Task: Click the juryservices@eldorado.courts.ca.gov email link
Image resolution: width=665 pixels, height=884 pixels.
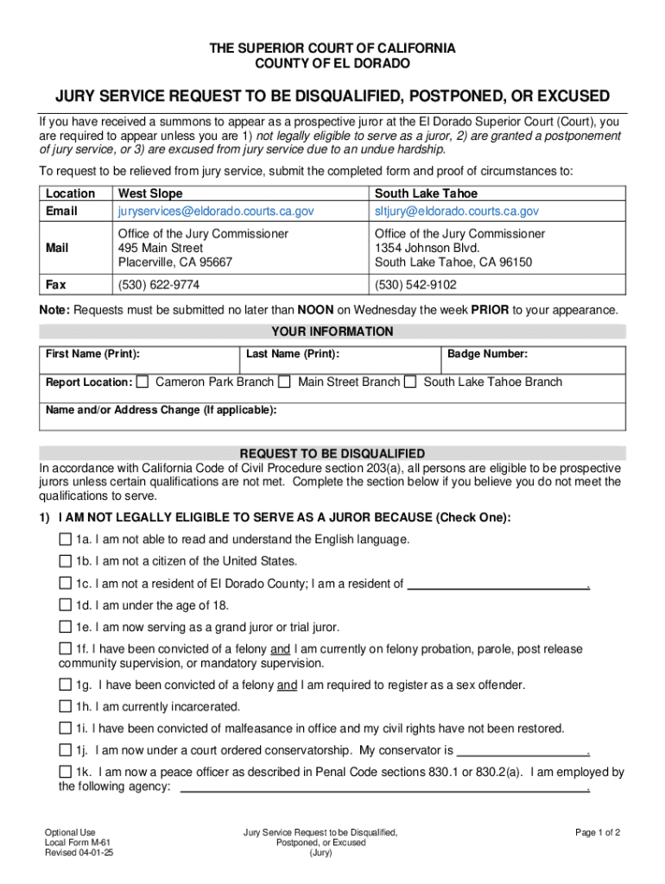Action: (x=216, y=211)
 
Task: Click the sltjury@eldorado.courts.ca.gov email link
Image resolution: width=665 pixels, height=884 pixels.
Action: (x=456, y=211)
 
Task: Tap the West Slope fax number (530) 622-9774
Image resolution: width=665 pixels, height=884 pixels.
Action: (x=159, y=284)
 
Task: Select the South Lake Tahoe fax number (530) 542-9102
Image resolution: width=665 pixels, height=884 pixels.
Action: (x=415, y=284)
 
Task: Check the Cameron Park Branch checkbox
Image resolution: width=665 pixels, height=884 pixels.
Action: (x=142, y=382)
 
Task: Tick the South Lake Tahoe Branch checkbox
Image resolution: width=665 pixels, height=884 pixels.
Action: (x=411, y=382)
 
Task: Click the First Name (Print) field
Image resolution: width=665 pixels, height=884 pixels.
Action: (x=138, y=363)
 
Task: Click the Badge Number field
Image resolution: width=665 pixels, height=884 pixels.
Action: (x=532, y=363)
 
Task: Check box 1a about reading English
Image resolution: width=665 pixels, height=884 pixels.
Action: (x=66, y=540)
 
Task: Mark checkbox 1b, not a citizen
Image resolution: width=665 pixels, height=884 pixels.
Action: (x=66, y=561)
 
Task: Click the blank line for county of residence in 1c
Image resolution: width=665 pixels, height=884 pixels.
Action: (x=497, y=584)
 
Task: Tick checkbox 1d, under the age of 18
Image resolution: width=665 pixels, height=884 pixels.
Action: (x=66, y=605)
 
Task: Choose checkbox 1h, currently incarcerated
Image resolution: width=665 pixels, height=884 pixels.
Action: (x=66, y=706)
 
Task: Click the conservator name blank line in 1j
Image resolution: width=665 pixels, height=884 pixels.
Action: (x=521, y=750)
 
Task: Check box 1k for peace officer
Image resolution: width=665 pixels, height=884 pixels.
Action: (x=66, y=772)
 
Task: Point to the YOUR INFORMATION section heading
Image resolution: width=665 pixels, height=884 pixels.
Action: (x=332, y=331)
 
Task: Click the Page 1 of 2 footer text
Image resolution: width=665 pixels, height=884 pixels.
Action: (x=598, y=833)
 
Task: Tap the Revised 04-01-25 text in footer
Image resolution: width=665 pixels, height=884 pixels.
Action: (x=79, y=853)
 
